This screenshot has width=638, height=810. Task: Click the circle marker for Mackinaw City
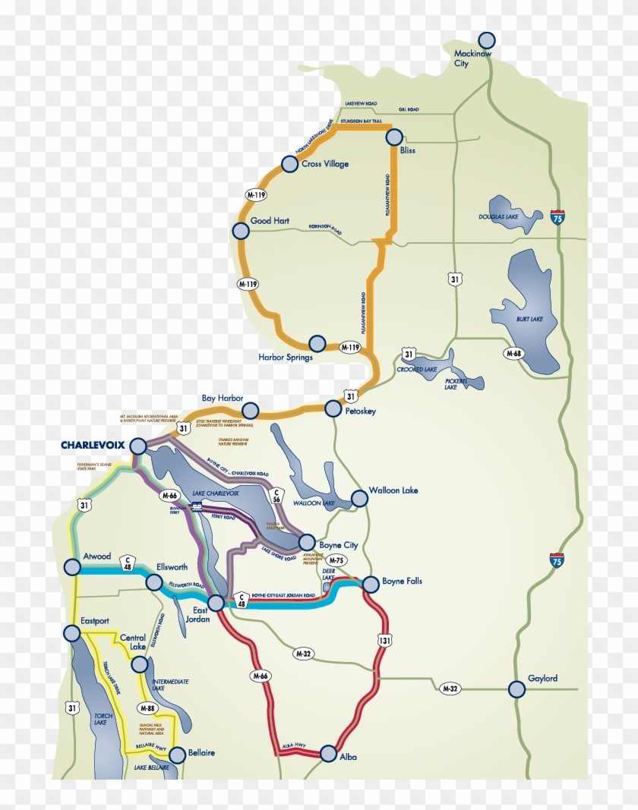[x=487, y=40]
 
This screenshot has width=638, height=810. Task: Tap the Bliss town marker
[x=394, y=137]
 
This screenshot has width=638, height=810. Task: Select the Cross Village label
[x=325, y=164]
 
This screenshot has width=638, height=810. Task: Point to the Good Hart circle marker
[x=240, y=231]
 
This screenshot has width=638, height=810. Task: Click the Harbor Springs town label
[x=286, y=358]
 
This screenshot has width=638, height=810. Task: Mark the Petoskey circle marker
[x=333, y=408]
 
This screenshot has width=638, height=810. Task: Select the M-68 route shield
[x=516, y=353]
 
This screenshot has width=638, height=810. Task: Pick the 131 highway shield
[x=384, y=641]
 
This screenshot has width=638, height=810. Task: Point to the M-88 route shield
[x=147, y=708]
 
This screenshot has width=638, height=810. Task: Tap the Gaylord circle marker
[x=516, y=689]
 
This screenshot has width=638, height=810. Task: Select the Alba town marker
[x=328, y=753]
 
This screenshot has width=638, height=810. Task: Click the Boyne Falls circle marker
[x=370, y=584]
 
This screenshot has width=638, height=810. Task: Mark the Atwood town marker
[x=72, y=566]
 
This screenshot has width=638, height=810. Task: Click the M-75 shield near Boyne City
[x=336, y=560]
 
